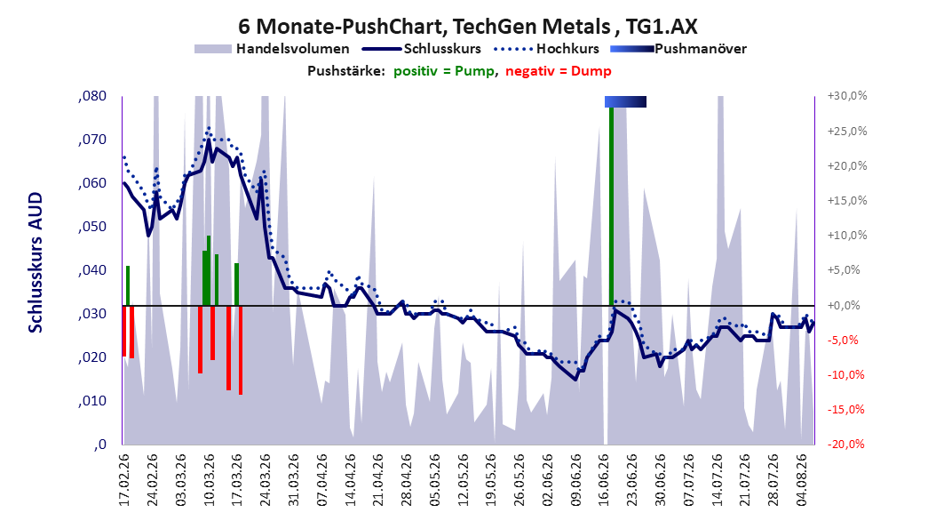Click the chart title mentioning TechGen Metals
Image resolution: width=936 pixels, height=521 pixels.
coord(467,27)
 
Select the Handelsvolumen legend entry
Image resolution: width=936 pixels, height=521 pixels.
coord(273,49)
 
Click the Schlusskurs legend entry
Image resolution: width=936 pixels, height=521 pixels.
coord(421,49)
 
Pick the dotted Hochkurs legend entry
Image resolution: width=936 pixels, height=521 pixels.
coord(546,49)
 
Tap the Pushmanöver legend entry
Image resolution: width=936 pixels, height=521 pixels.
coord(678,49)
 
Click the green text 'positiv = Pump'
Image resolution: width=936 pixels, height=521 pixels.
coord(443,71)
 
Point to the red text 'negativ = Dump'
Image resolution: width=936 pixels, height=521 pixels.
coord(559,71)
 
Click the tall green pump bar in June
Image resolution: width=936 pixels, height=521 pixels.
coord(611,206)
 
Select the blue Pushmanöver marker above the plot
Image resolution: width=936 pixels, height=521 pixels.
coord(625,101)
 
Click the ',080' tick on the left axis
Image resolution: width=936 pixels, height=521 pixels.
coord(92,96)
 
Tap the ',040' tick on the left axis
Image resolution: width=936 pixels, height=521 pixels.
coord(92,270)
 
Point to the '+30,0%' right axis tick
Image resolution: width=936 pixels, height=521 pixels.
coord(847,96)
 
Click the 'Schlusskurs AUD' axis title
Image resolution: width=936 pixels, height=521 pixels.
coord(36,262)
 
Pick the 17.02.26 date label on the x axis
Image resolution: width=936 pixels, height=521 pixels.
coord(124,480)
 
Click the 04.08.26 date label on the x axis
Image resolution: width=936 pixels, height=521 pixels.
coord(802,480)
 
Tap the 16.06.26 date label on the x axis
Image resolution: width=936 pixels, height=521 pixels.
coord(604,480)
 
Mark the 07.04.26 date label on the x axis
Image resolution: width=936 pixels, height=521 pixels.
coord(321,480)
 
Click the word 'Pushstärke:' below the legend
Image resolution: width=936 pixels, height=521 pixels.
coord(346,71)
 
